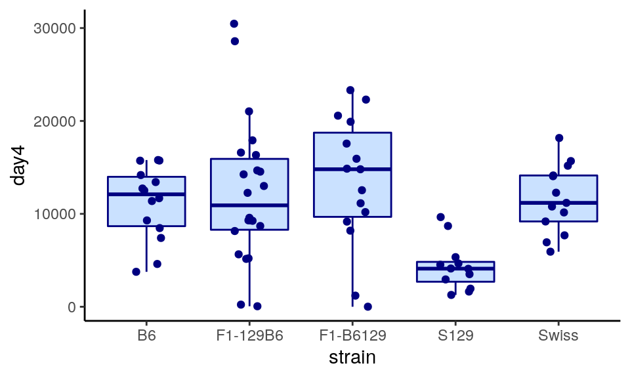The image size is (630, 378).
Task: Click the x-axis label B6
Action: coord(146,336)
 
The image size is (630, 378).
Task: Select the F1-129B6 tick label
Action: coord(249,336)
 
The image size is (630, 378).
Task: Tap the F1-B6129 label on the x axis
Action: coord(352,336)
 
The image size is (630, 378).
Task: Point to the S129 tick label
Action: coord(455,336)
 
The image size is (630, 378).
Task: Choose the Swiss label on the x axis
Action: coord(558,336)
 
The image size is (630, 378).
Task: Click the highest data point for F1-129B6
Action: coord(234,24)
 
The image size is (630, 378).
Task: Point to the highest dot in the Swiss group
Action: coord(559,138)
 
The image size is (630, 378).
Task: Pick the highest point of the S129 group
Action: coord(441,217)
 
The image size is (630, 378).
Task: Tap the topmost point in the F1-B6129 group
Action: coord(350,90)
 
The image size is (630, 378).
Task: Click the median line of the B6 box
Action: coord(146,194)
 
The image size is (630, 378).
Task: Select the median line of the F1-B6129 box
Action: coord(352,169)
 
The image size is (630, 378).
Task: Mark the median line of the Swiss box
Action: coord(558,203)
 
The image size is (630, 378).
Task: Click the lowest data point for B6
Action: coord(136,272)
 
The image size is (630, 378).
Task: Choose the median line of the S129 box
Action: coord(455,268)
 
